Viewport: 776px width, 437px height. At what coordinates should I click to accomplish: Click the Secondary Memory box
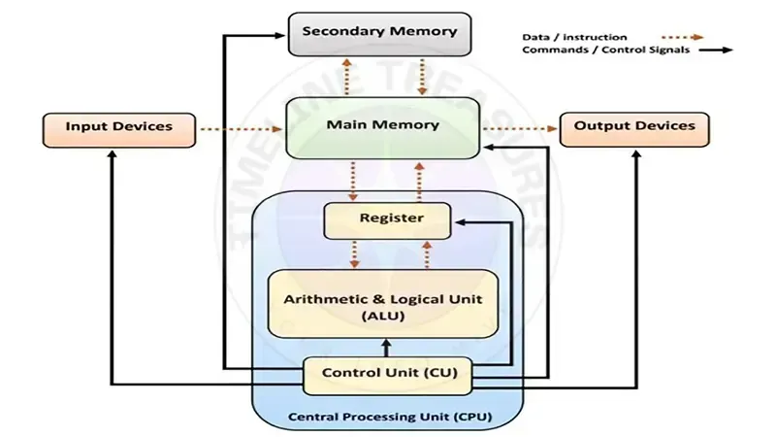379,33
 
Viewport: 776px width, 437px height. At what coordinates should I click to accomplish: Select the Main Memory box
383,127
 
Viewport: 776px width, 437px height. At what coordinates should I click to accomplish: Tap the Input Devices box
118,128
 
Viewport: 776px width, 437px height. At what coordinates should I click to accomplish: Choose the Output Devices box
634,128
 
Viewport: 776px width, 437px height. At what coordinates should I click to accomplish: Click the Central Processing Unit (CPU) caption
388,418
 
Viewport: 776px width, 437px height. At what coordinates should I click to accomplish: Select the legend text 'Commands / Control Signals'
606,50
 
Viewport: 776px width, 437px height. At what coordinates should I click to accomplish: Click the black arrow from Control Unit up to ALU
387,348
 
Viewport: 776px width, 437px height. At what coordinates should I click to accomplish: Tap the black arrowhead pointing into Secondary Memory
281,37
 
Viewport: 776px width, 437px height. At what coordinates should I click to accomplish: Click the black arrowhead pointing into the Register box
460,222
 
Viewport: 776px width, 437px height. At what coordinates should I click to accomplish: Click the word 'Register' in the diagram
391,218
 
